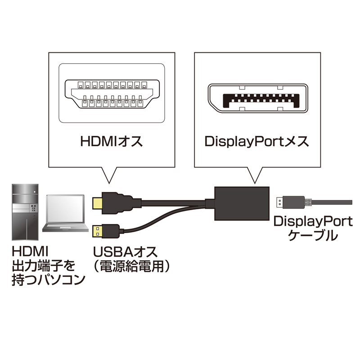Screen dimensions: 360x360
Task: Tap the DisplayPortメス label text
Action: point(256,143)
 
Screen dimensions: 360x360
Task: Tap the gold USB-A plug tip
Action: point(97,231)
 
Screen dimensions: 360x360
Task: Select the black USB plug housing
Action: point(110,231)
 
